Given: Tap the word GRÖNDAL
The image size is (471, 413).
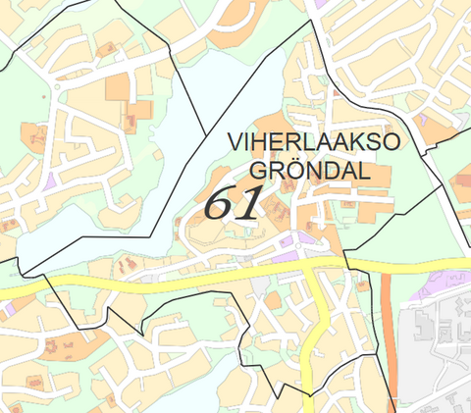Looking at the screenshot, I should pos(309,171).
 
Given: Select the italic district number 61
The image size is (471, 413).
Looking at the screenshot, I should pos(233,202).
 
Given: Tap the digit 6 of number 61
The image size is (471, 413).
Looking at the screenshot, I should pos(219,202).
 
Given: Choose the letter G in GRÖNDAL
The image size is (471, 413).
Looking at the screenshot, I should pos(257,171).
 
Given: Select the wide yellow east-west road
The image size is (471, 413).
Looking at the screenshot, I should pos(147,282).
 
